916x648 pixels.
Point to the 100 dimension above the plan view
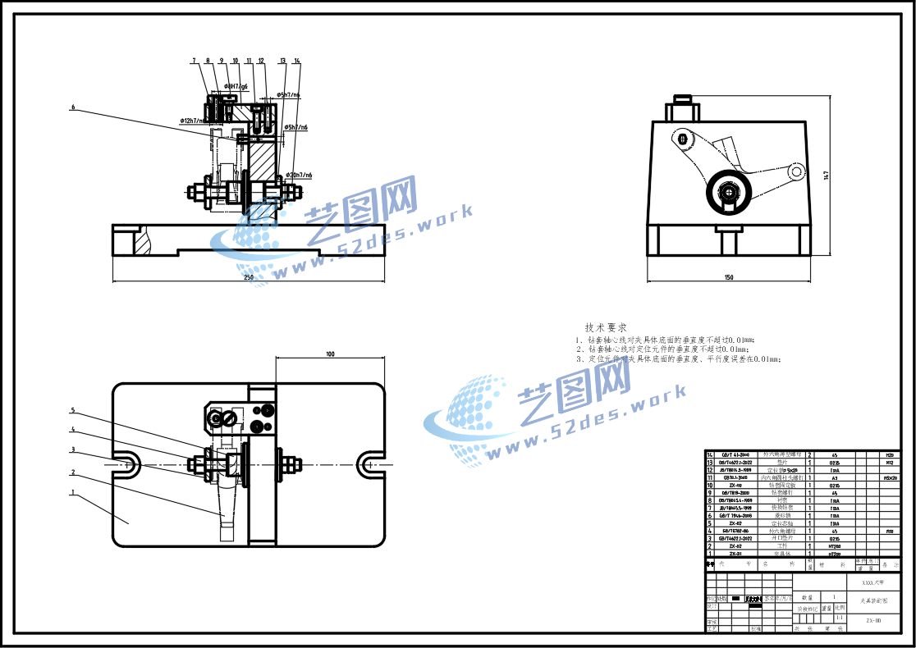point(330,354)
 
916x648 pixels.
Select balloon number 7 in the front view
point(195,61)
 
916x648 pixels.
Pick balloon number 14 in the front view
point(297,61)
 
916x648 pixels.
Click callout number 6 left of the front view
point(72,107)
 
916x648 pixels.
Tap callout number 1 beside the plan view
point(72,493)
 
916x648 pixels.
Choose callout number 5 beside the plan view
point(72,410)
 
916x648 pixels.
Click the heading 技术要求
point(606,326)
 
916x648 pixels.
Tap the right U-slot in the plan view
point(369,463)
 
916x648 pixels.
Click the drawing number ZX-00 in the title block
point(873,621)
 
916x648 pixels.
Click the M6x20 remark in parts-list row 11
point(890,477)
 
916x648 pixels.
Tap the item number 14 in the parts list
point(711,454)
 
